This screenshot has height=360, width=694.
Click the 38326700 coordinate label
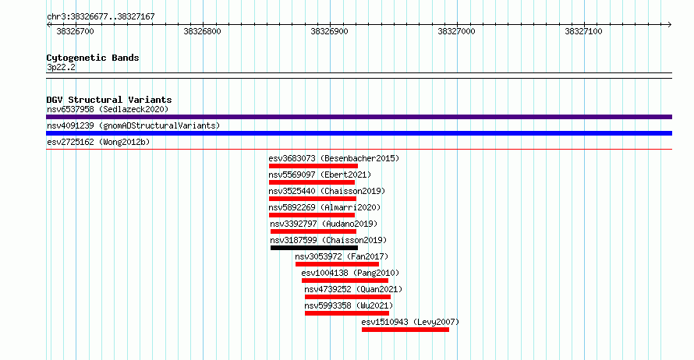(75, 31)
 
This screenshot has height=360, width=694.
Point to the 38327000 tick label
(456, 31)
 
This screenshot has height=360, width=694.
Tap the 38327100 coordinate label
(583, 31)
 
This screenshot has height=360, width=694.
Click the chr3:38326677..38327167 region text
(101, 17)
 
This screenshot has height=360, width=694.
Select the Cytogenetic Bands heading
(93, 58)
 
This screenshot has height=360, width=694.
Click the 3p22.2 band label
(61, 67)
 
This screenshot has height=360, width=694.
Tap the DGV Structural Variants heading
(109, 100)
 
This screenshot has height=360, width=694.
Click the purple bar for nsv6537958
(359, 117)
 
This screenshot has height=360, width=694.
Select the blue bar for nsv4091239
(359, 133)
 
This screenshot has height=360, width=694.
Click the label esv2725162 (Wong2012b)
(98, 142)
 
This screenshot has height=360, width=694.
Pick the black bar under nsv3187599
(314, 248)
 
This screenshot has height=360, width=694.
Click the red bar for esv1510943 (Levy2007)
(405, 330)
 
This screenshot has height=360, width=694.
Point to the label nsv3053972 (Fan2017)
(342, 256)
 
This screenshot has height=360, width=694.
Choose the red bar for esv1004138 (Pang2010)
(345, 281)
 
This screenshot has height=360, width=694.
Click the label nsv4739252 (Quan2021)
(354, 289)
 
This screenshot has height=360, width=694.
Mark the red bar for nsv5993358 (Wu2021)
(347, 313)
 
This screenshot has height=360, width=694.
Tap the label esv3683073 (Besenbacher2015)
(334, 158)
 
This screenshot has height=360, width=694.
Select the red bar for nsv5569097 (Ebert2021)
(312, 182)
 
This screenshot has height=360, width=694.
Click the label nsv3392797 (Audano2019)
(324, 224)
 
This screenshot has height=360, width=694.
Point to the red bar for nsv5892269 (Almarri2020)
(312, 215)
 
